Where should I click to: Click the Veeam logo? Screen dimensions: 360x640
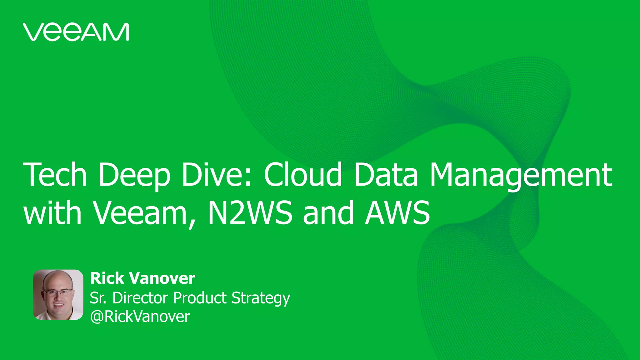point(76,32)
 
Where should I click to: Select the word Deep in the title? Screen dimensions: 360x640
point(134,176)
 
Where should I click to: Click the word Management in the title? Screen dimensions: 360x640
point(521,176)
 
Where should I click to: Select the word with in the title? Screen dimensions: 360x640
point(52,213)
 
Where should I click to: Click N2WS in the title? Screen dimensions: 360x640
point(250,213)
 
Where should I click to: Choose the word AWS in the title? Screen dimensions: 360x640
point(397,213)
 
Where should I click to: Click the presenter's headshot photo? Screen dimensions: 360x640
point(58,295)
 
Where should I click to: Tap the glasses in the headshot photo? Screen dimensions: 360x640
point(58,292)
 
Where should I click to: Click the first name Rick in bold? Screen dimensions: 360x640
point(107,278)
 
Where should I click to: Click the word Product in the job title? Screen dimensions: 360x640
point(200,298)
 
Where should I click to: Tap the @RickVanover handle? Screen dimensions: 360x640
point(140,317)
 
